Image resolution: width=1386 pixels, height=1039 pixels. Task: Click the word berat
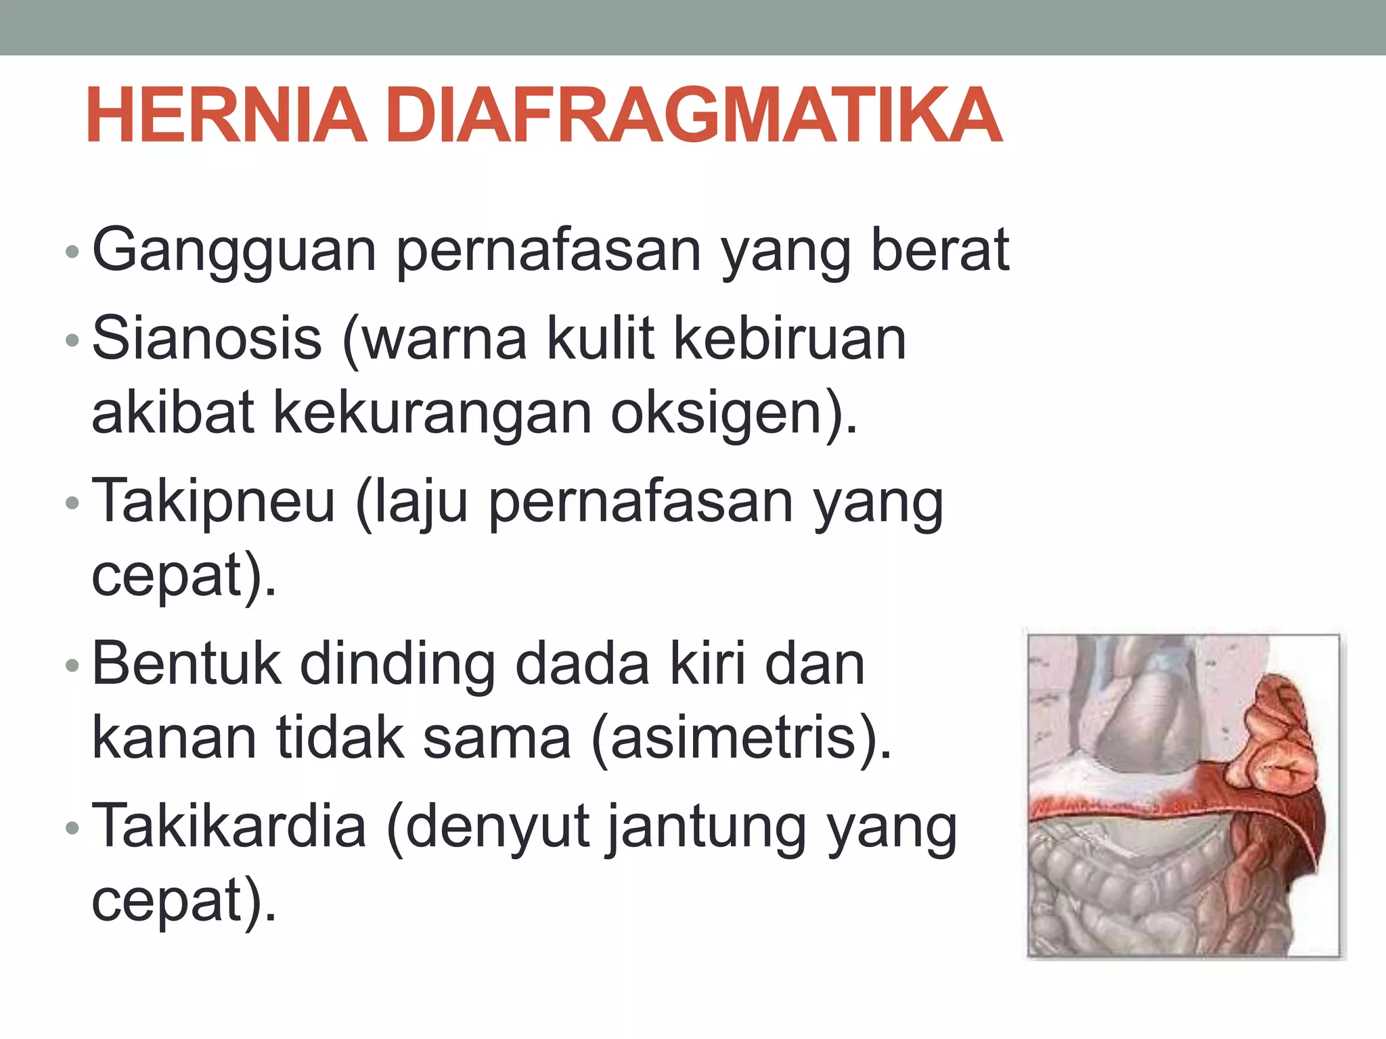point(940,250)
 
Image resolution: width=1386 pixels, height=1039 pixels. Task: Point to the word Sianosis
point(206,338)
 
